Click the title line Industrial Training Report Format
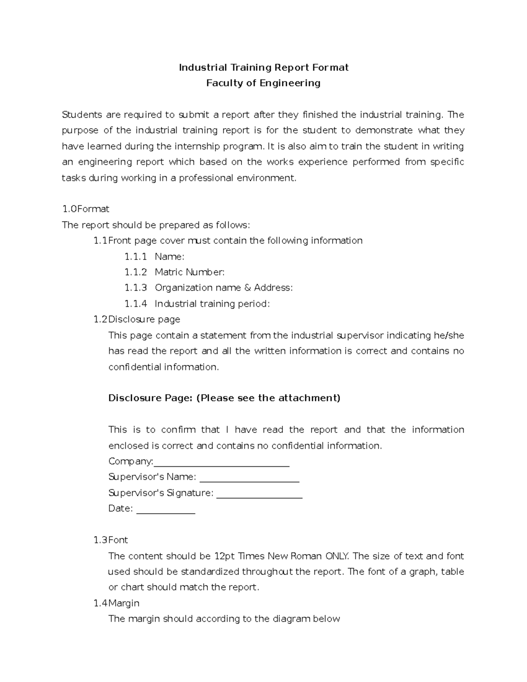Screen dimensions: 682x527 click(263, 67)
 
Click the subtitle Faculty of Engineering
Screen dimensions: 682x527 click(263, 83)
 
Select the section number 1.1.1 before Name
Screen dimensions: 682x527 click(135, 256)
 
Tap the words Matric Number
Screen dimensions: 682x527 click(189, 272)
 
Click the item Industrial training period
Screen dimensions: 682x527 click(212, 304)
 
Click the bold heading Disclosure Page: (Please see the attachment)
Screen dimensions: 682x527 click(224, 398)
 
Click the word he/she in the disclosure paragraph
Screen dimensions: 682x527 click(448, 336)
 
